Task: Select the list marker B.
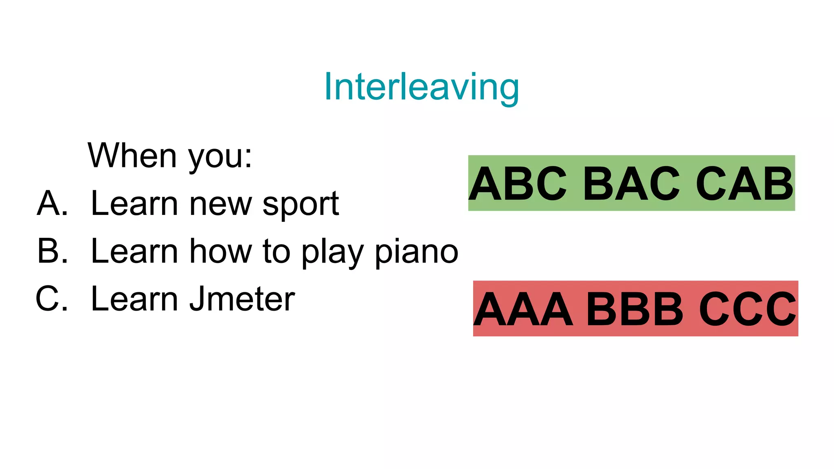pyautogui.click(x=53, y=251)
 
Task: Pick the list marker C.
pyautogui.click(x=52, y=299)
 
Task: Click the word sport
pyautogui.click(x=301, y=205)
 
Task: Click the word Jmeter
pyautogui.click(x=242, y=299)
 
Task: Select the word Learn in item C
pyautogui.click(x=135, y=299)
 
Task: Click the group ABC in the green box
pyautogui.click(x=518, y=184)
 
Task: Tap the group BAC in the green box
pyautogui.click(x=631, y=184)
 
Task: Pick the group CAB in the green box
pyautogui.click(x=744, y=184)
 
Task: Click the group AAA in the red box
pyautogui.click(x=524, y=309)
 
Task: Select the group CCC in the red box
pyautogui.click(x=748, y=309)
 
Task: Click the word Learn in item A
pyautogui.click(x=135, y=203)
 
